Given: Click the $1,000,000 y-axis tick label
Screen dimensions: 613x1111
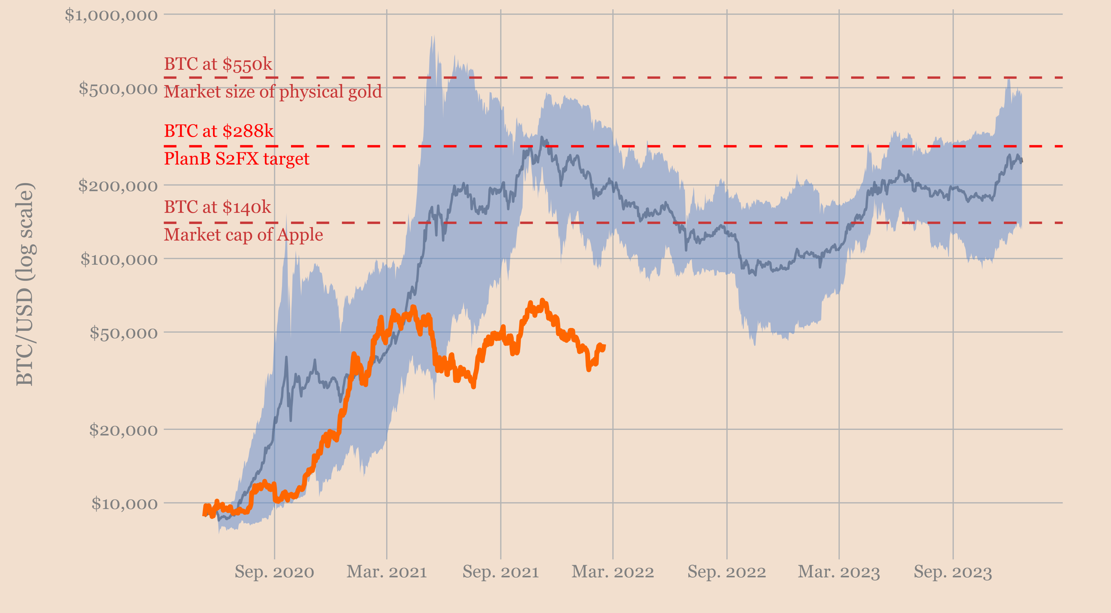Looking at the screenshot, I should tap(111, 15).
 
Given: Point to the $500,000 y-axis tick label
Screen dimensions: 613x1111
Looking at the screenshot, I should tap(118, 89).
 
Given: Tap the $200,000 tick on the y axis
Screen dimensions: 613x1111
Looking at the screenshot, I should tap(118, 186).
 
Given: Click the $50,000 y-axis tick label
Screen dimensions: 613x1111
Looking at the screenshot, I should tap(123, 333).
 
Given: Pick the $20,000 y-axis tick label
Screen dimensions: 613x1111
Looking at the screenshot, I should tap(123, 430).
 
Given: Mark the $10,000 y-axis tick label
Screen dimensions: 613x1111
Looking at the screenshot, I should tap(124, 504).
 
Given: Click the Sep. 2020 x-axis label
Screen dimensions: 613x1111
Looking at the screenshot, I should tap(274, 572).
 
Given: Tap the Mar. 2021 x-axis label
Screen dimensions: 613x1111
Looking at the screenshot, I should tap(387, 572).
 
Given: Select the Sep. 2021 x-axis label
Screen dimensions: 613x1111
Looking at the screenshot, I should tap(501, 572).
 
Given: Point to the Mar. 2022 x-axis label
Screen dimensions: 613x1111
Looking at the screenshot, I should tap(613, 572).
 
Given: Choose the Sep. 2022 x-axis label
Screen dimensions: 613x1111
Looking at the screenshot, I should tap(727, 572).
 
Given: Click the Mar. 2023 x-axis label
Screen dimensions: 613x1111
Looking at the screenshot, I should tap(839, 572).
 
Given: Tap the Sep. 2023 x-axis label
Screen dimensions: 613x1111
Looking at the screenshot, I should tap(953, 572).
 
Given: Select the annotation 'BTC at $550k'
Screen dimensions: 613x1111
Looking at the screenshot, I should tap(218, 64).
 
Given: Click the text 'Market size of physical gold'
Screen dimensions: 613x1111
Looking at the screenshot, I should tap(273, 92).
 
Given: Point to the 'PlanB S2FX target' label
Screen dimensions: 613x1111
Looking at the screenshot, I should tap(236, 159).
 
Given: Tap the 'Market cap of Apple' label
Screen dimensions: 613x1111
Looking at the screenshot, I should tap(243, 235).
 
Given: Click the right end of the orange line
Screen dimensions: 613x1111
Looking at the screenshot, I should tap(605, 346).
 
